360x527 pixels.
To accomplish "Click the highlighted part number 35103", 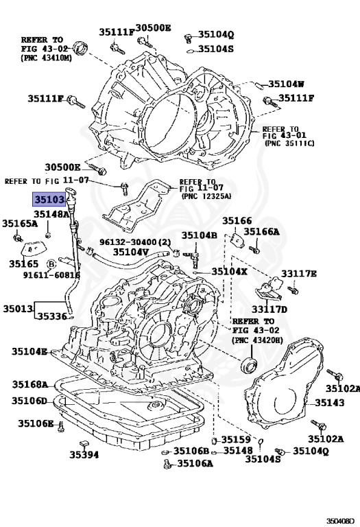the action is [49, 200].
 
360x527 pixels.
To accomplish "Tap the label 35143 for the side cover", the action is [329, 402].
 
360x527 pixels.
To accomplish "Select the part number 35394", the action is [84, 455].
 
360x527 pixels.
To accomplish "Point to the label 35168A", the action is [30, 384].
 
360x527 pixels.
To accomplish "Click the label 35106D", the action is [29, 401].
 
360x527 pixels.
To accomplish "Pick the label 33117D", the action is [269, 309].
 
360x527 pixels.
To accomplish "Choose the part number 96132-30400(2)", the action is [135, 242].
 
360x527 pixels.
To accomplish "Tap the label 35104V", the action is [131, 252].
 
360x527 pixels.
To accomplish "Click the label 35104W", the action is [286, 84].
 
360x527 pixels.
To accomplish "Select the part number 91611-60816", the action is [51, 275].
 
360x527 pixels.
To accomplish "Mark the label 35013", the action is [18, 308].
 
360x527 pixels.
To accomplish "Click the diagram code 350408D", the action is [340, 521].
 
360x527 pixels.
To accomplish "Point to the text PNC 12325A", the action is [206, 196].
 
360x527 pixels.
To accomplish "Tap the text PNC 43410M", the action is [47, 58].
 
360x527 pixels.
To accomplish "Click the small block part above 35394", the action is [84, 443].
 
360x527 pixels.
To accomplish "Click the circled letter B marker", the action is [51, 264].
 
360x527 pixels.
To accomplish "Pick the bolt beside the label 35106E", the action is [61, 427].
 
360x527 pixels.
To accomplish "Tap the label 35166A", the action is [261, 231].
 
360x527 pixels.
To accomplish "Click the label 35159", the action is [236, 440].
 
